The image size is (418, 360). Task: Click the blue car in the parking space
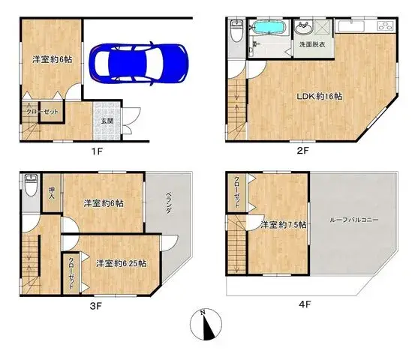click(139, 63)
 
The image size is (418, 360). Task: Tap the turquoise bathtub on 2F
click(269, 28)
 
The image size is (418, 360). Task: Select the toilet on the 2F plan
click(236, 31)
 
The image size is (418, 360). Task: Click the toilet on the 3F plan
click(32, 184)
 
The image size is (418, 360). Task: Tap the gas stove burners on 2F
click(385, 26)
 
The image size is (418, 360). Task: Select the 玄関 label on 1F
click(107, 121)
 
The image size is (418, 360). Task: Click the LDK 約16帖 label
click(320, 96)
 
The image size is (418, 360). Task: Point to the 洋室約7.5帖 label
click(284, 225)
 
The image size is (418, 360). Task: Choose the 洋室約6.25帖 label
click(122, 263)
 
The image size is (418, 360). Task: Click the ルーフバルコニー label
click(354, 220)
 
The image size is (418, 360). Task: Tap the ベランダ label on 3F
click(169, 202)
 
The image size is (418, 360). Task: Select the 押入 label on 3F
click(52, 193)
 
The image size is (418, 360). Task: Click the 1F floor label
click(97, 151)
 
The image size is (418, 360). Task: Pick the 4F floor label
click(305, 304)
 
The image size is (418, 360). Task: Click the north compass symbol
click(206, 324)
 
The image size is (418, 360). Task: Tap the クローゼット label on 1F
click(42, 112)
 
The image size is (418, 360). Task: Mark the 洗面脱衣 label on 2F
click(312, 44)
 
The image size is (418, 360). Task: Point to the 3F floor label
click(96, 306)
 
